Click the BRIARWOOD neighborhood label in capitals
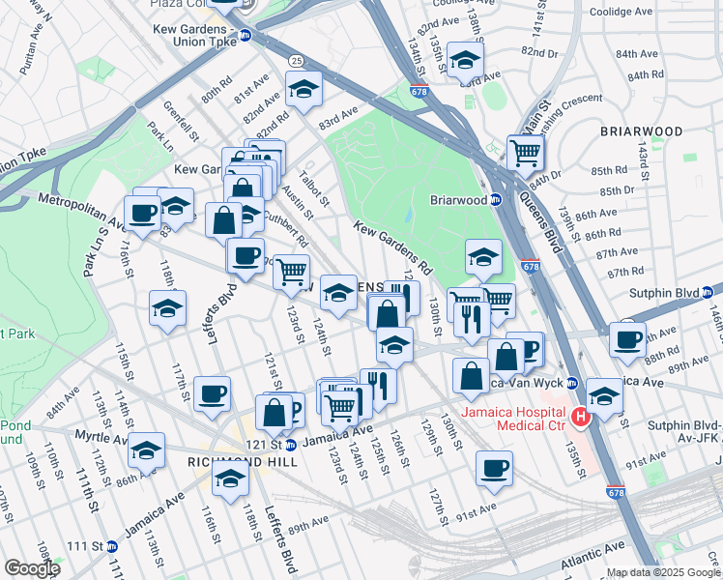pyautogui.click(x=640, y=130)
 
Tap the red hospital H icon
pyautogui.click(x=580, y=419)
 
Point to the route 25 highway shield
pyautogui.click(x=295, y=61)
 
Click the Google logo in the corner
pyautogui.click(x=31, y=567)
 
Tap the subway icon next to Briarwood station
pyautogui.click(x=496, y=200)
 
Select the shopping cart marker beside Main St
pyautogui.click(x=525, y=151)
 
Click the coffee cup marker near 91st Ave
pyautogui.click(x=495, y=468)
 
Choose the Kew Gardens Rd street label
pyautogui.click(x=392, y=245)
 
